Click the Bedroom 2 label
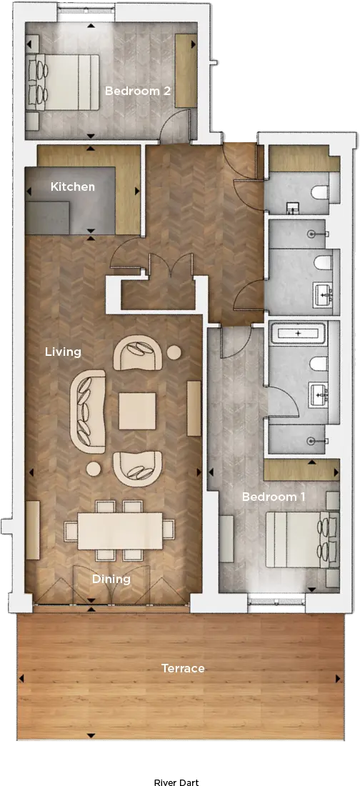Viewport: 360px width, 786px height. [x=137, y=91]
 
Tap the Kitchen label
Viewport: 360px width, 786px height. [x=73, y=186]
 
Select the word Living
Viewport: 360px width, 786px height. [x=63, y=352]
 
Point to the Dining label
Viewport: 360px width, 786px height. [x=111, y=579]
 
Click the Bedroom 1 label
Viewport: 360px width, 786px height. [x=274, y=497]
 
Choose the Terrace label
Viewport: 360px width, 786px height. [x=183, y=668]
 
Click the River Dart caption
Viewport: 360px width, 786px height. [x=176, y=782]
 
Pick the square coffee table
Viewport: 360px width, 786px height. [x=137, y=411]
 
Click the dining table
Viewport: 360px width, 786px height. [x=120, y=530]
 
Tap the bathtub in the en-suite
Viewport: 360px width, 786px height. [x=298, y=333]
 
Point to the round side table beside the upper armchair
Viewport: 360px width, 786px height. [x=174, y=353]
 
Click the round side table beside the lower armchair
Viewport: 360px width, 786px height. [x=94, y=469]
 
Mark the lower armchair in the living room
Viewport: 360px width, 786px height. [x=138, y=469]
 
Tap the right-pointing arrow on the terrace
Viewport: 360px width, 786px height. [x=338, y=679]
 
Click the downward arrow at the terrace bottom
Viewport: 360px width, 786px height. [x=91, y=736]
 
